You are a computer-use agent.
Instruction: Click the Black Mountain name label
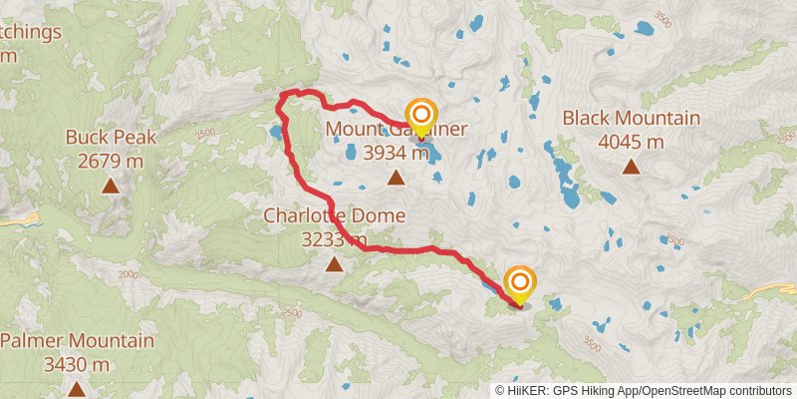click(631, 119)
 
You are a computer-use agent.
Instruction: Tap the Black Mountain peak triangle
click(631, 166)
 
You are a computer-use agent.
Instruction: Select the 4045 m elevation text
click(631, 142)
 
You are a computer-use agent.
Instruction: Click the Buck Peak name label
click(110, 137)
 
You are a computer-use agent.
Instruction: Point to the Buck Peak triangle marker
click(110, 185)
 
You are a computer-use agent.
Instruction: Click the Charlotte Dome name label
click(334, 215)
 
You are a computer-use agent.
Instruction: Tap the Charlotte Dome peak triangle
click(334, 264)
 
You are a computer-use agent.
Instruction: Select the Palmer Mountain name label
click(77, 341)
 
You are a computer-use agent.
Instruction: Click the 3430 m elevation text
click(77, 365)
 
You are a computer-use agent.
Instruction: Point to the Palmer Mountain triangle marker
click(77, 389)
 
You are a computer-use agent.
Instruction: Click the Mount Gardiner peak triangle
click(396, 179)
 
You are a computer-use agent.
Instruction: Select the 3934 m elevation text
click(396, 154)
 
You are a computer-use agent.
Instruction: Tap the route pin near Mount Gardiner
click(420, 115)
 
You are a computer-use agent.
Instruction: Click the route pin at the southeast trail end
click(519, 283)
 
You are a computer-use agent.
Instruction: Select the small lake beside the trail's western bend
click(274, 131)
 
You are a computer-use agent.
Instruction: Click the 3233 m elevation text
click(334, 239)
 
